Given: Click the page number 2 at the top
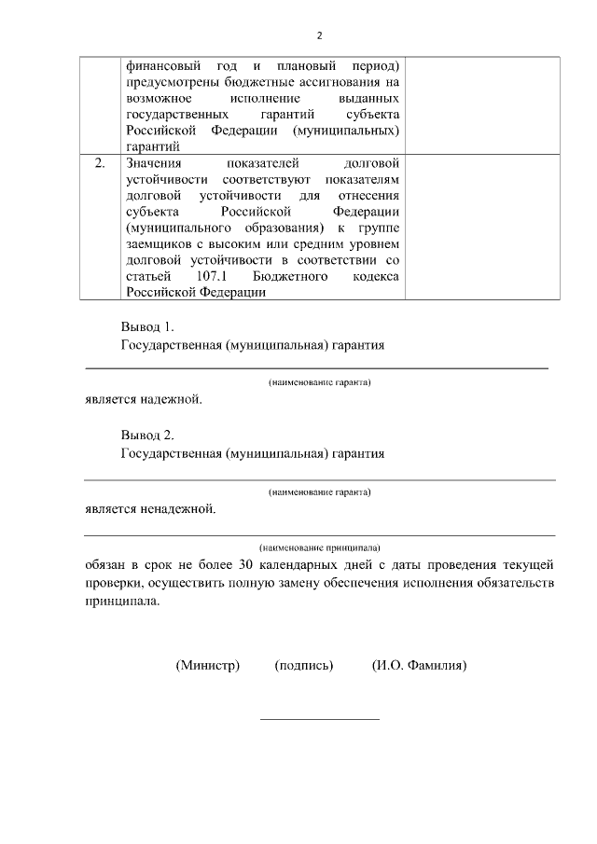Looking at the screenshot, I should click(x=319, y=35).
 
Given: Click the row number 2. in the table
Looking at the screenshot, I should click(x=100, y=163).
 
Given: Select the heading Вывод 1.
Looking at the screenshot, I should click(x=147, y=328).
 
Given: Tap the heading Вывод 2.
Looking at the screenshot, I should click(x=147, y=436).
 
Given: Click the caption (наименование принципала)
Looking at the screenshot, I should click(x=319, y=547).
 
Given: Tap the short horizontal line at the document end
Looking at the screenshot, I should click(x=319, y=719).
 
